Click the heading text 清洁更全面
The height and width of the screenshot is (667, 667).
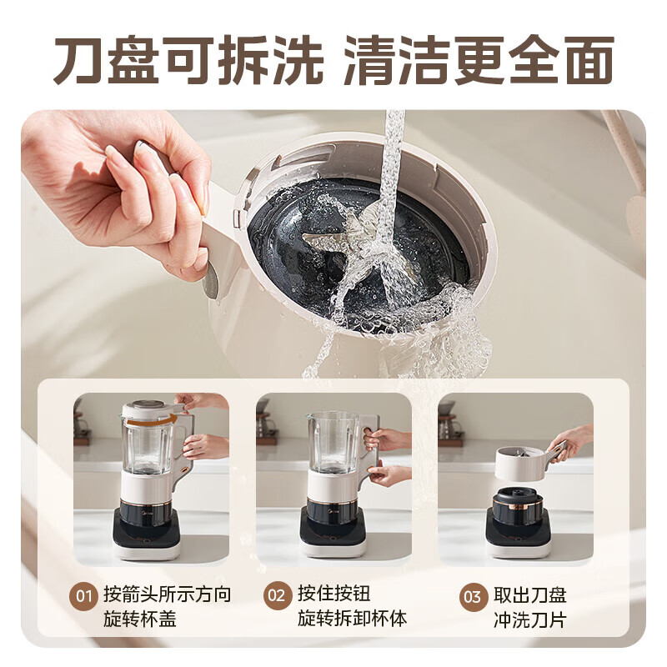[478, 60]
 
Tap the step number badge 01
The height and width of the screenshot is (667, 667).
[84, 596]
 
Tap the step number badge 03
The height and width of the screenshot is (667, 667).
[473, 596]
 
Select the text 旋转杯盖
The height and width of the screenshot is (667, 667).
[140, 619]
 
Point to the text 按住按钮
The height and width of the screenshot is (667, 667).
[333, 594]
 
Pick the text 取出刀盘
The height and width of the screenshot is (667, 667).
[529, 594]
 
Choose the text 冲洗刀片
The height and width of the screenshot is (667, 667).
[529, 619]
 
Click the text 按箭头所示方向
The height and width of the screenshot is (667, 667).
[167, 594]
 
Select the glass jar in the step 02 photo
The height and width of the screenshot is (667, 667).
[333, 442]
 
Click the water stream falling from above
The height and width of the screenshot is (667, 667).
[392, 167]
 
